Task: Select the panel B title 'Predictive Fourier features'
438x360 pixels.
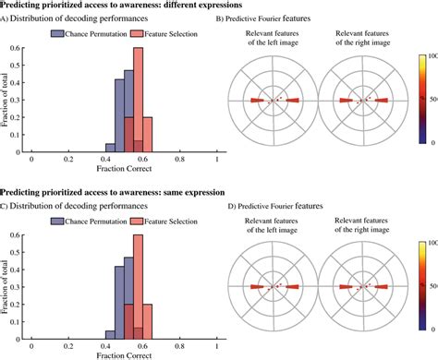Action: coord(288,18)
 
